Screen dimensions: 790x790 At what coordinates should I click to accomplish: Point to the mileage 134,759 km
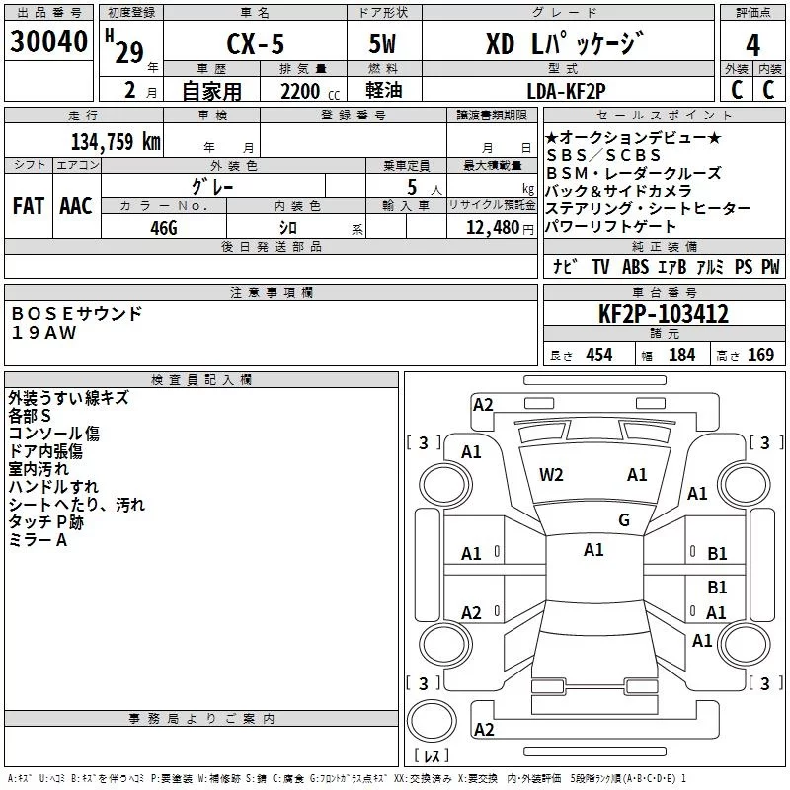click(x=116, y=141)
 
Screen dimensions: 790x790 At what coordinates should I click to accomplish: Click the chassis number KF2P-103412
click(x=664, y=314)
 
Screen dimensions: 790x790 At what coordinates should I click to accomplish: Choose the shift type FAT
click(x=28, y=206)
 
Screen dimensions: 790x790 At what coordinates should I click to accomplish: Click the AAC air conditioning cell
click(x=76, y=206)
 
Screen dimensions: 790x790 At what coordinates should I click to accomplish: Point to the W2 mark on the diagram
click(x=551, y=475)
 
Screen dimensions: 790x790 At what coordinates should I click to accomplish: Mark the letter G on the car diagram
click(x=624, y=520)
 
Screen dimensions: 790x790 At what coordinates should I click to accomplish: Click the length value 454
click(x=597, y=355)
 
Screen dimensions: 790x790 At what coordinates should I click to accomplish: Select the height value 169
click(x=759, y=355)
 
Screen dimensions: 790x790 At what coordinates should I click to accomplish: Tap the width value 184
click(x=681, y=355)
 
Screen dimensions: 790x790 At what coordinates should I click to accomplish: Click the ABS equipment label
click(x=635, y=267)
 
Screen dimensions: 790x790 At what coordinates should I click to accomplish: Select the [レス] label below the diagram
click(x=432, y=757)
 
